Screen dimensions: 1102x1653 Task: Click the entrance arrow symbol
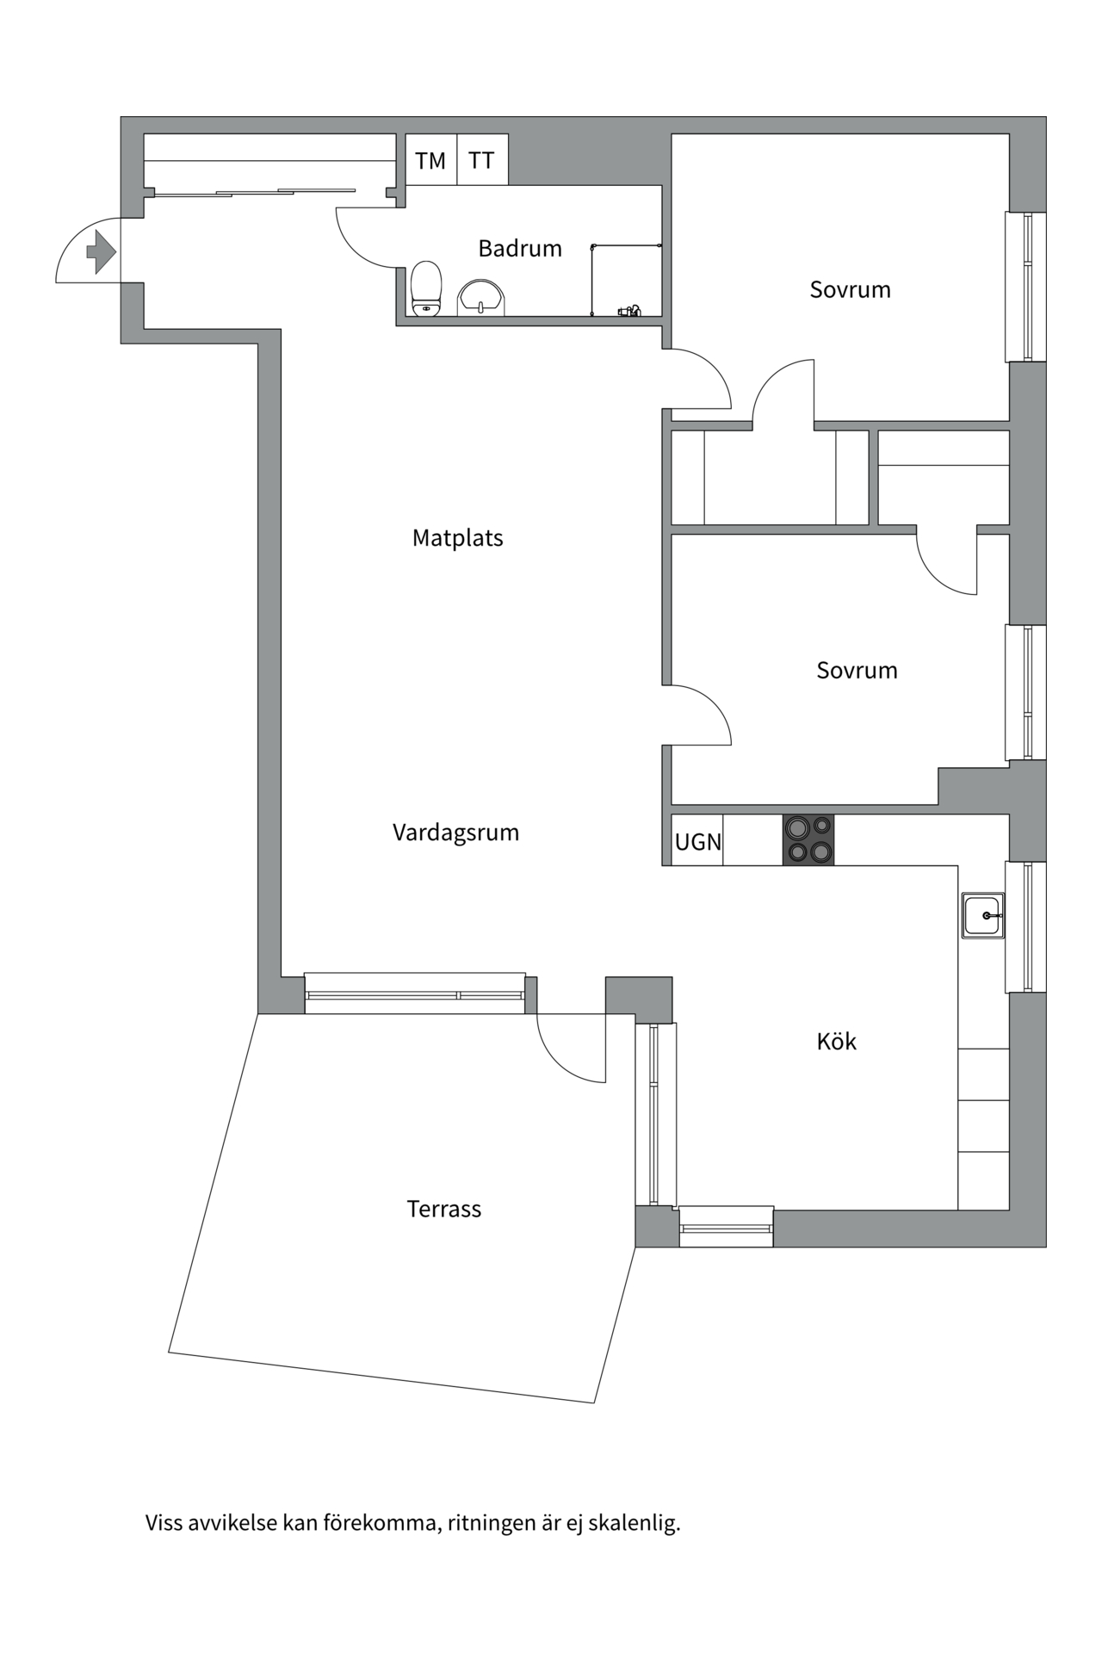(102, 252)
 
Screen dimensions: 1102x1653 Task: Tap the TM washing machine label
(430, 161)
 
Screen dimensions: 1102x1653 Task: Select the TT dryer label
(481, 160)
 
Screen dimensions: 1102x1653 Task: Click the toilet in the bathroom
(426, 288)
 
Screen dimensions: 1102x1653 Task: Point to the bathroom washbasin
(480, 297)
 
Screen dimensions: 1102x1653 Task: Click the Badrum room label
(520, 249)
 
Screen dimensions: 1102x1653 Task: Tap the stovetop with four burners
(808, 839)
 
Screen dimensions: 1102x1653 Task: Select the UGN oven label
(698, 842)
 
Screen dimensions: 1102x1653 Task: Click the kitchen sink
(983, 915)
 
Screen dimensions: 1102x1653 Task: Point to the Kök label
(836, 1042)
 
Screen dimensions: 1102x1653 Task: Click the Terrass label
(444, 1209)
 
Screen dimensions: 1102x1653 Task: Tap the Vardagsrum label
(455, 833)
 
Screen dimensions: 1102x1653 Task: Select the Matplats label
(457, 538)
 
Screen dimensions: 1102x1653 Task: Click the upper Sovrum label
(850, 289)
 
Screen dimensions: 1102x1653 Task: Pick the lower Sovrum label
(857, 670)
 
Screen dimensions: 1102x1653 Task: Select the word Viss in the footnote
(164, 1523)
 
